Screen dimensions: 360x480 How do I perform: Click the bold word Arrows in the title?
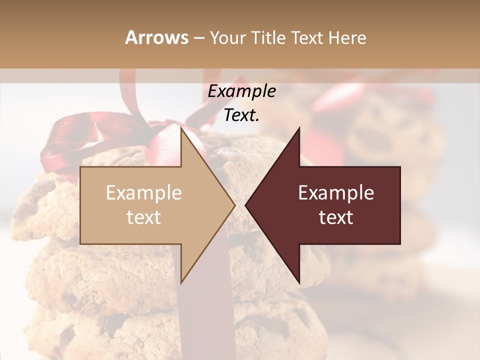click(x=156, y=38)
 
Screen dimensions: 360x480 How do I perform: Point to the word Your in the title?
click(x=226, y=38)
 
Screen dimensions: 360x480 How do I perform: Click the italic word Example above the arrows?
click(x=241, y=91)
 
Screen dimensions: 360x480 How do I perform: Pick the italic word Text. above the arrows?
click(x=241, y=115)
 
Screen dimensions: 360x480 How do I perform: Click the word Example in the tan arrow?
click(x=143, y=193)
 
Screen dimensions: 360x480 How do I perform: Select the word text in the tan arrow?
click(x=143, y=217)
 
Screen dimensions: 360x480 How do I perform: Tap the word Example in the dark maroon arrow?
click(x=336, y=193)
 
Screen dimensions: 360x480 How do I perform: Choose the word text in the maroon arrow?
click(x=336, y=217)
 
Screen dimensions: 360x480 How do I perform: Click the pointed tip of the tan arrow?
click(x=234, y=205)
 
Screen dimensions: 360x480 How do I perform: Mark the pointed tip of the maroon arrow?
click(x=246, y=205)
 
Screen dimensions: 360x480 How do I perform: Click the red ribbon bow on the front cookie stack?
click(x=70, y=140)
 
